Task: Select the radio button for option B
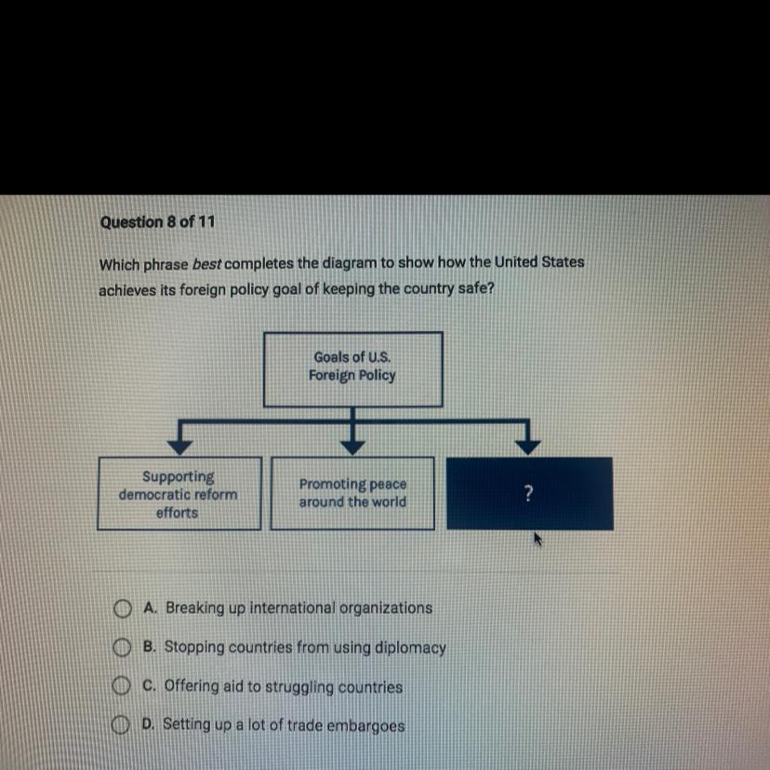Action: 121,648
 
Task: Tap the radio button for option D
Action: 119,725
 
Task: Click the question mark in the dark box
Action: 529,495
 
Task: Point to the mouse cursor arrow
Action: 538,538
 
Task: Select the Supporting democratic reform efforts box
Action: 178,494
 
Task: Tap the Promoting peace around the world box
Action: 352,494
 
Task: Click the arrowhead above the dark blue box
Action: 527,446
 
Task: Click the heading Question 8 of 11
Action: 157,222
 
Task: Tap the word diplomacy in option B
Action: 409,647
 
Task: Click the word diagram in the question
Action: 344,262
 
